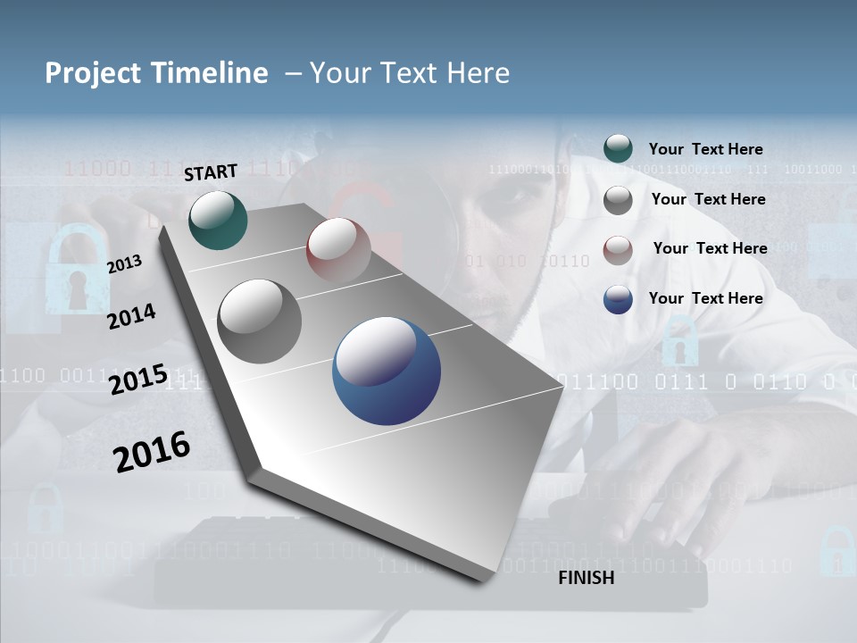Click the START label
click(x=211, y=171)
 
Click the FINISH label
click(x=586, y=578)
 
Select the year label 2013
click(x=125, y=263)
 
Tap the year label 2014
click(x=131, y=316)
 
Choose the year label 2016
click(x=152, y=451)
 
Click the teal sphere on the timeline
click(x=218, y=220)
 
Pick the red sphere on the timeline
click(x=338, y=250)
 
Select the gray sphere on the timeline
click(x=259, y=321)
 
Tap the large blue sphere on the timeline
click(x=387, y=371)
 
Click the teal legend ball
click(x=618, y=149)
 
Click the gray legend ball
click(x=618, y=200)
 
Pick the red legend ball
click(x=618, y=249)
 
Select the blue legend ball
click(x=618, y=299)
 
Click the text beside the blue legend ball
click(x=705, y=298)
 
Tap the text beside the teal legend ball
click(x=705, y=149)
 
